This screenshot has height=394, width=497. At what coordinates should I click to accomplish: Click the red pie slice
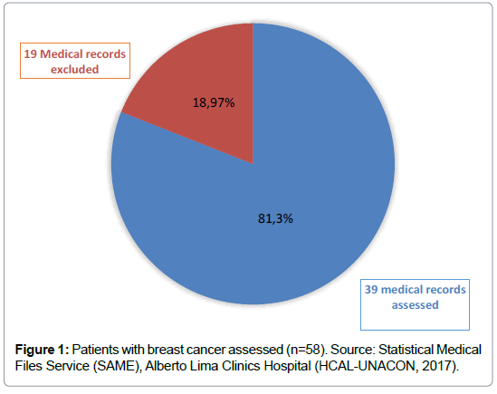(203, 95)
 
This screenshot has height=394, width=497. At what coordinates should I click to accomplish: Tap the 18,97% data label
(214, 102)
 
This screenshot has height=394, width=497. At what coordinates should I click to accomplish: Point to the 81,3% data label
(275, 218)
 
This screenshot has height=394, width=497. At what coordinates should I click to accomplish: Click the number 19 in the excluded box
(31, 54)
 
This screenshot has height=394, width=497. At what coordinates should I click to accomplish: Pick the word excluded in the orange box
(75, 69)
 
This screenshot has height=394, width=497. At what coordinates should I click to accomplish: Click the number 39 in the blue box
(371, 289)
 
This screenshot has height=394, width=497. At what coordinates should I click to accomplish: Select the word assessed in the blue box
(415, 305)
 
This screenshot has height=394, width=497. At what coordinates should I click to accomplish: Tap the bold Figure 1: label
(42, 350)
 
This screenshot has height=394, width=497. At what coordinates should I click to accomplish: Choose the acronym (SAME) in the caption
(116, 366)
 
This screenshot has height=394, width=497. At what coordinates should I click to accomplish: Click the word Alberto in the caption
(166, 366)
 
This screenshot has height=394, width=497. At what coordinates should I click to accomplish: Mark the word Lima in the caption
(204, 366)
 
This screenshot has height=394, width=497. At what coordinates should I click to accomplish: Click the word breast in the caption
(165, 350)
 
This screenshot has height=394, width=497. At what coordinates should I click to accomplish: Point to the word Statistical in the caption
(406, 350)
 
